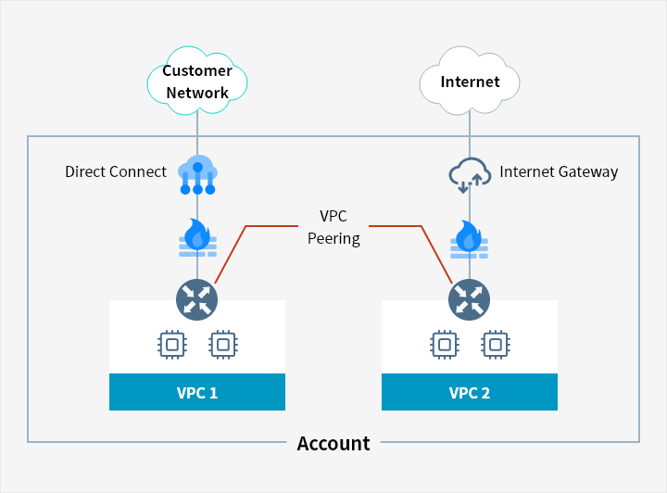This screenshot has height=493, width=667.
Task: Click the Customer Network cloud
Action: tap(196, 82)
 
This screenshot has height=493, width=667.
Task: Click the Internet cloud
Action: tap(470, 82)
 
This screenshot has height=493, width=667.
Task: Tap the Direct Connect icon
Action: tap(197, 174)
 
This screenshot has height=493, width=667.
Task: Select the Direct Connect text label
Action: tap(116, 171)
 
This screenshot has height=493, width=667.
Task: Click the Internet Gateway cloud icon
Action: tap(470, 173)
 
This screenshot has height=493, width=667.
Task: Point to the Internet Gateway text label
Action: tap(559, 171)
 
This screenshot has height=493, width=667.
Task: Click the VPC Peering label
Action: tap(333, 227)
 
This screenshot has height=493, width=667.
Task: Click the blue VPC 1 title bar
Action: tap(197, 392)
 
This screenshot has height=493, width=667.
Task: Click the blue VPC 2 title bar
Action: tap(470, 392)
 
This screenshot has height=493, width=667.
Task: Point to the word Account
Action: tap(333, 443)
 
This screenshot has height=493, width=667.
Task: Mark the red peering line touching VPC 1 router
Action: tap(230, 253)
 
